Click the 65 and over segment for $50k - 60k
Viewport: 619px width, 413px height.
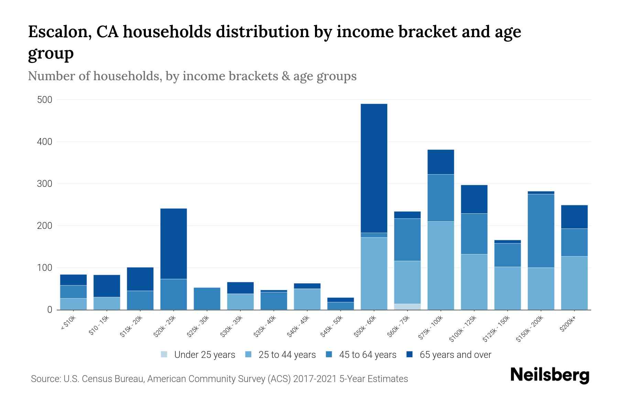click(x=374, y=168)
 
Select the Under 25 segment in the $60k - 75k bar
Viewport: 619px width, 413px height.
click(x=407, y=307)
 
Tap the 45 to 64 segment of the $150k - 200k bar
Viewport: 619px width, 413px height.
click(x=541, y=231)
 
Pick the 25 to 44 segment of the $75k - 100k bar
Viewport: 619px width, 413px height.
click(x=441, y=265)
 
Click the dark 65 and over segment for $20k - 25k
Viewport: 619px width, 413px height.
click(x=173, y=243)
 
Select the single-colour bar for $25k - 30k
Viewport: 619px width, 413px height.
click(x=207, y=298)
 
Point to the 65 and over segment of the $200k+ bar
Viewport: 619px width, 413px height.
click(x=574, y=217)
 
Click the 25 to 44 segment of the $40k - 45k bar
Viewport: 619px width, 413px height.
click(x=307, y=299)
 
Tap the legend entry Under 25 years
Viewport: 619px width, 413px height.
click(x=204, y=355)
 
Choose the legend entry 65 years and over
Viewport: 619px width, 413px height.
click(x=455, y=355)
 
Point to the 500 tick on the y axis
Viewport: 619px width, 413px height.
click(x=45, y=100)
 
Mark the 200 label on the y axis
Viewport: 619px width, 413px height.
click(x=45, y=226)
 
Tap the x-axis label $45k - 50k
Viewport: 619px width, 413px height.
click(x=332, y=326)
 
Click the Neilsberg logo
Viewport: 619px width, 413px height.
click(x=550, y=375)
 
